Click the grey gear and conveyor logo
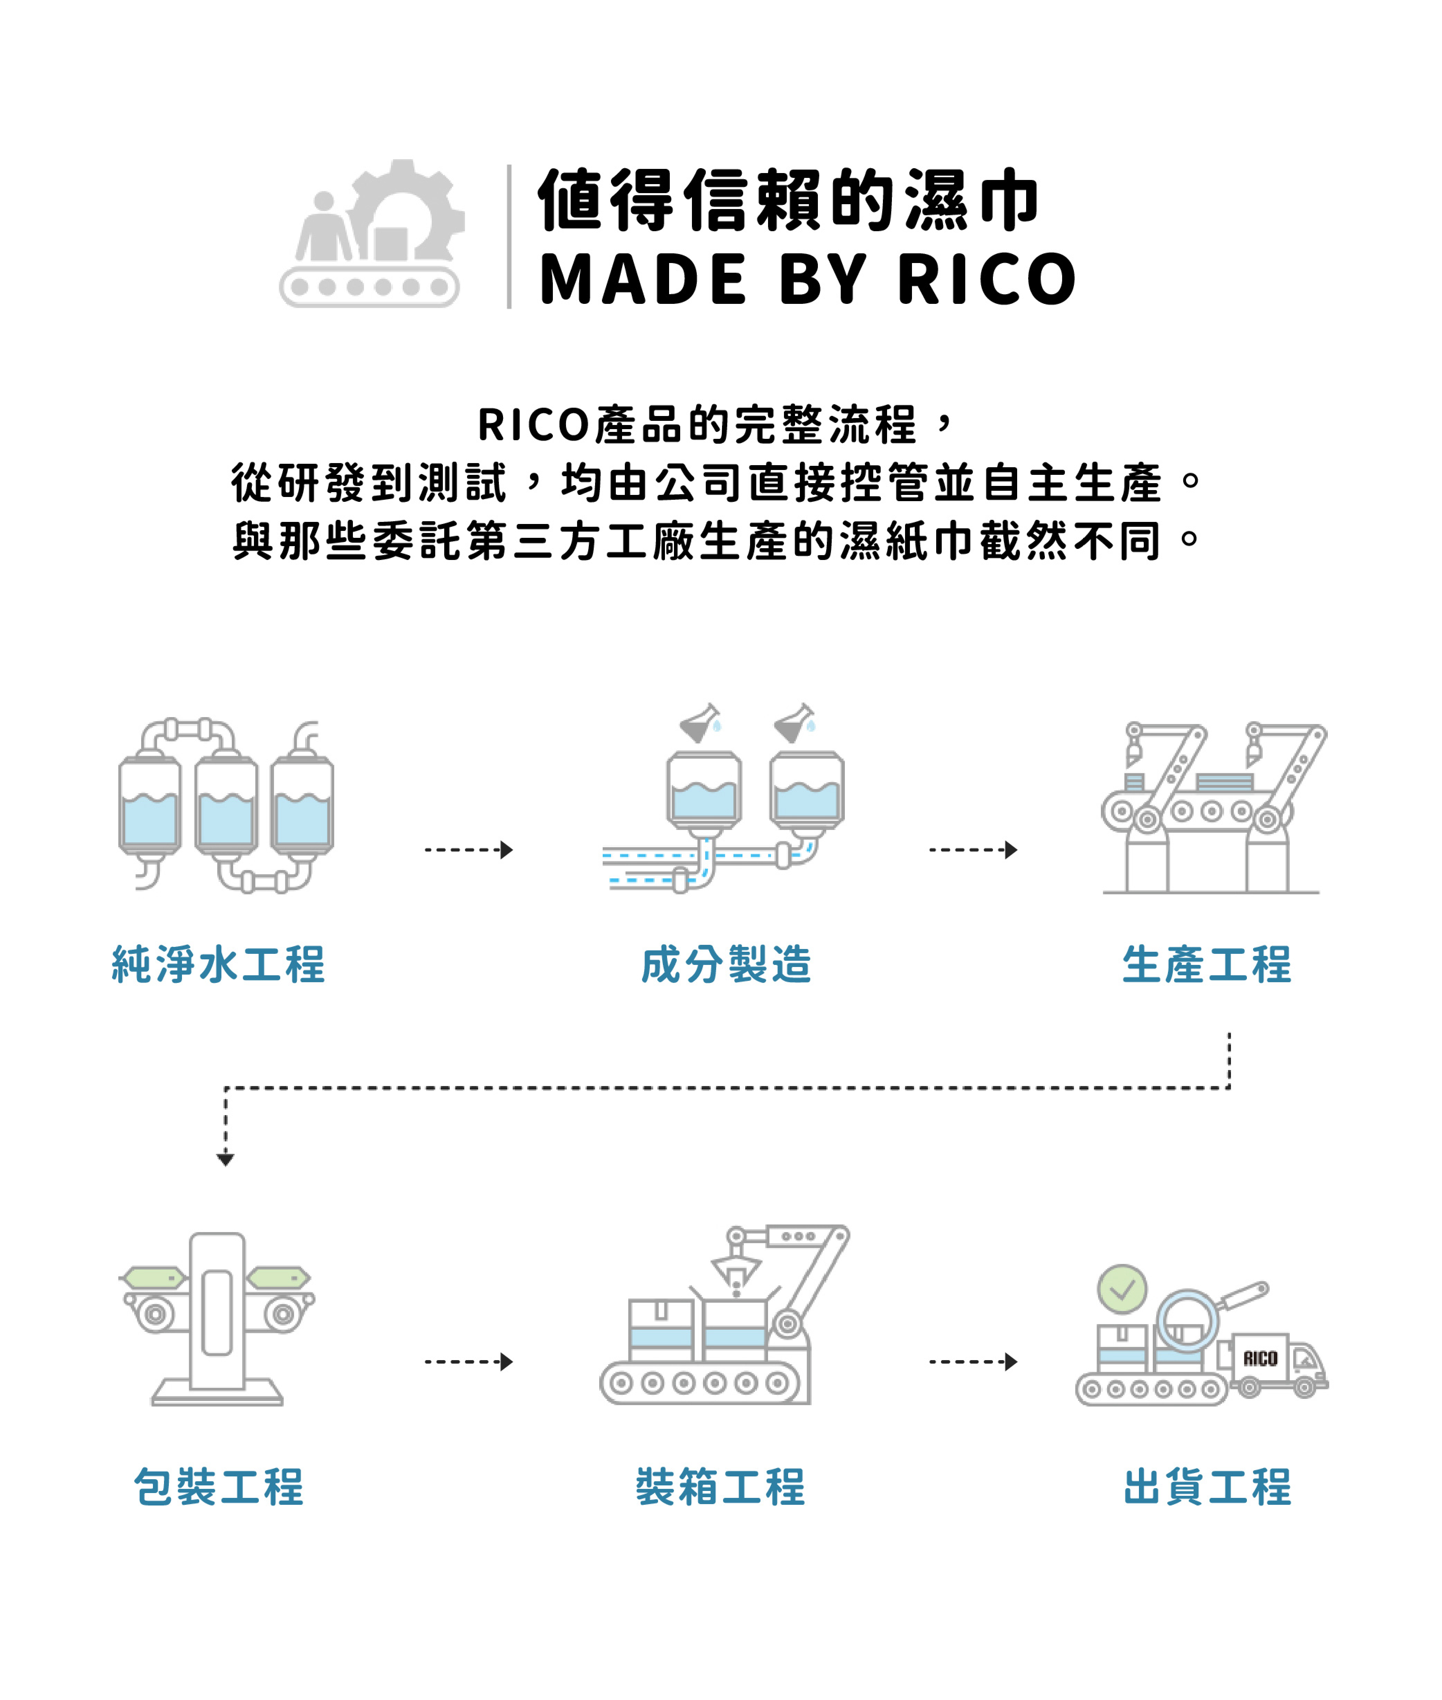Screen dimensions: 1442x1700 coord(372,234)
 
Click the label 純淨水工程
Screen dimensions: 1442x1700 coord(218,964)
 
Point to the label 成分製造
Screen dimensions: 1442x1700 coord(726,964)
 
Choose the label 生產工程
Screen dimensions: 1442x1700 coord(1207,964)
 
